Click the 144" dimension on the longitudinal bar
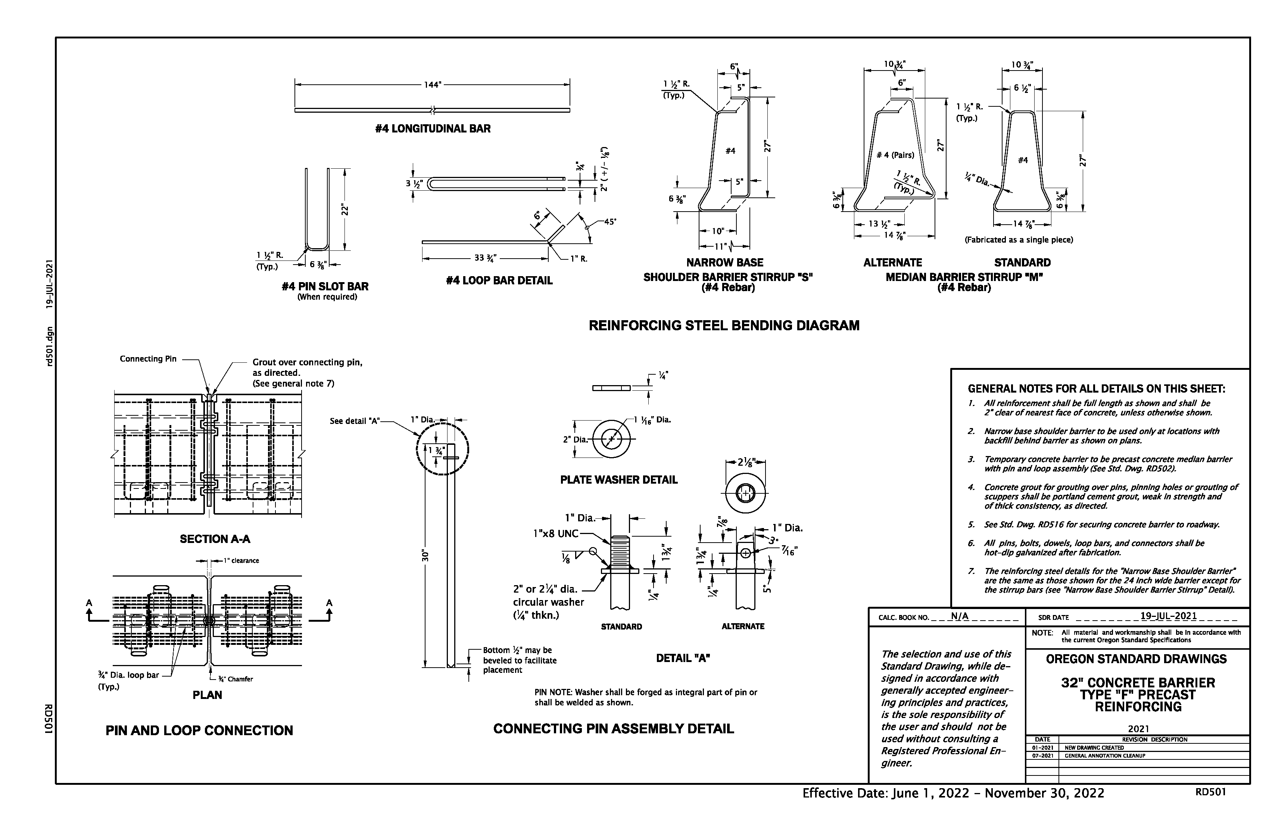432,85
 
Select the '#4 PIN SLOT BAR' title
325,286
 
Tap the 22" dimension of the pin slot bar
345,209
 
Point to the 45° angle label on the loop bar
610,222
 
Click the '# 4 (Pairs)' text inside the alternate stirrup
895,155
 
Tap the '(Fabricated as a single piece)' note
1019,240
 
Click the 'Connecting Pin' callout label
148,359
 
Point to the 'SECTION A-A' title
215,539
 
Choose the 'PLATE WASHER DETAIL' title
618,480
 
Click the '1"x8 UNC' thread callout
556,534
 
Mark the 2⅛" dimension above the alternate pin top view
745,462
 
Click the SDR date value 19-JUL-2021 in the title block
1168,616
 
